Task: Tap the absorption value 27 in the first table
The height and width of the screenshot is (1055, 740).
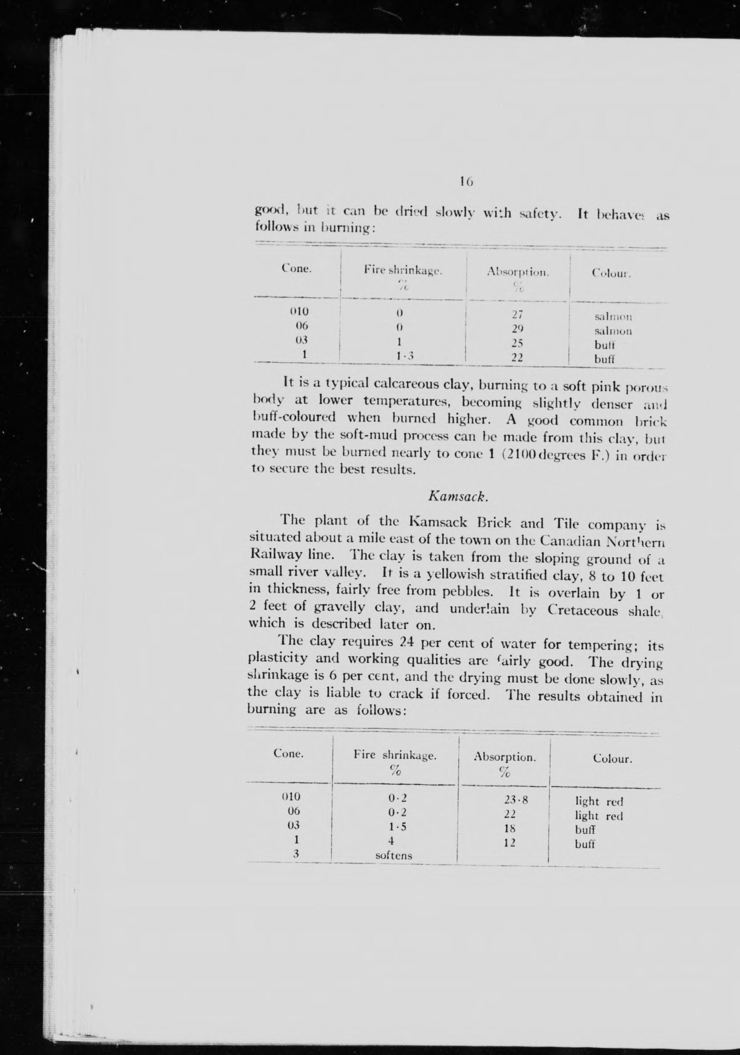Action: click(518, 315)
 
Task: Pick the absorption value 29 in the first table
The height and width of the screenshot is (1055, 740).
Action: click(518, 329)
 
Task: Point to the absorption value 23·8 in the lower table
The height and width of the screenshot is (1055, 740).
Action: click(516, 800)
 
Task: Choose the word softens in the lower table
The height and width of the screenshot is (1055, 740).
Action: click(394, 856)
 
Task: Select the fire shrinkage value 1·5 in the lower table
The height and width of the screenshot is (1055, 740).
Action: click(397, 827)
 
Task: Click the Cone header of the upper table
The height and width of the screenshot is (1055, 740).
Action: click(297, 269)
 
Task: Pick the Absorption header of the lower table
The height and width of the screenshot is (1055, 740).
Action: click(505, 757)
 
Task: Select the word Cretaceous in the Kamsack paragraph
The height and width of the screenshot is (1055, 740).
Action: click(583, 611)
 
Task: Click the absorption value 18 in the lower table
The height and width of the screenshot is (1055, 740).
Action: click(509, 828)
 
